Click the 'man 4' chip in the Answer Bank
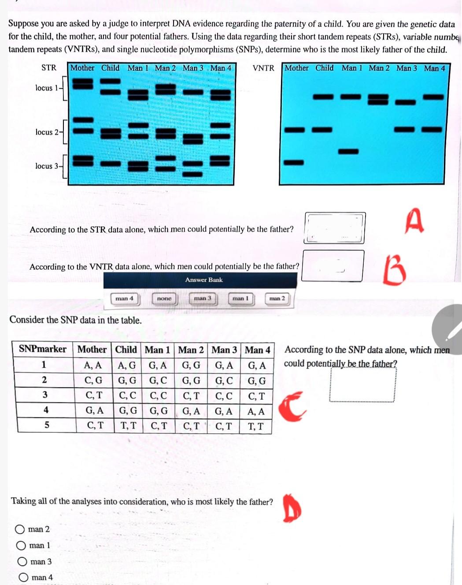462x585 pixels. [124, 299]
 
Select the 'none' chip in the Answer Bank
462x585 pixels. [164, 299]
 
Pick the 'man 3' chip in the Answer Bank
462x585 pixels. [203, 298]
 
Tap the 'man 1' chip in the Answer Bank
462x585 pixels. [240, 299]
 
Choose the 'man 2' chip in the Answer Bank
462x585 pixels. [277, 299]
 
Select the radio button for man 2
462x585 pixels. [20, 529]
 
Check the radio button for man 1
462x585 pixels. [21, 546]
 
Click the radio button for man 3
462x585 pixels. [22, 562]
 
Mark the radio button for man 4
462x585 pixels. [23, 578]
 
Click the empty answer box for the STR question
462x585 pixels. [334, 228]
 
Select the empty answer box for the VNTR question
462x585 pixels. [333, 265]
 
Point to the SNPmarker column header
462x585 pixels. [43, 350]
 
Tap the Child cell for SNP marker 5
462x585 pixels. [128, 426]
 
